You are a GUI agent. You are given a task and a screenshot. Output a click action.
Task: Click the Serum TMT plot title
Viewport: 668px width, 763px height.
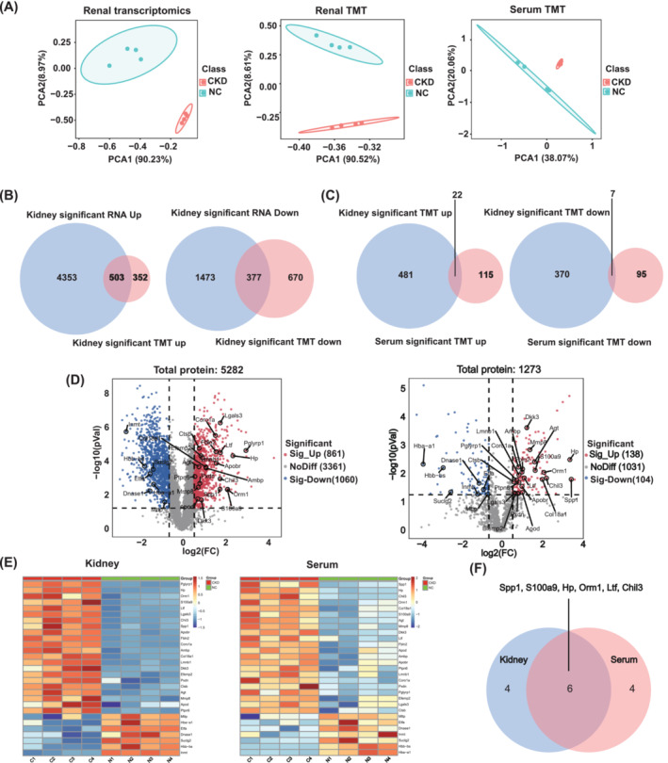point(534,12)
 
